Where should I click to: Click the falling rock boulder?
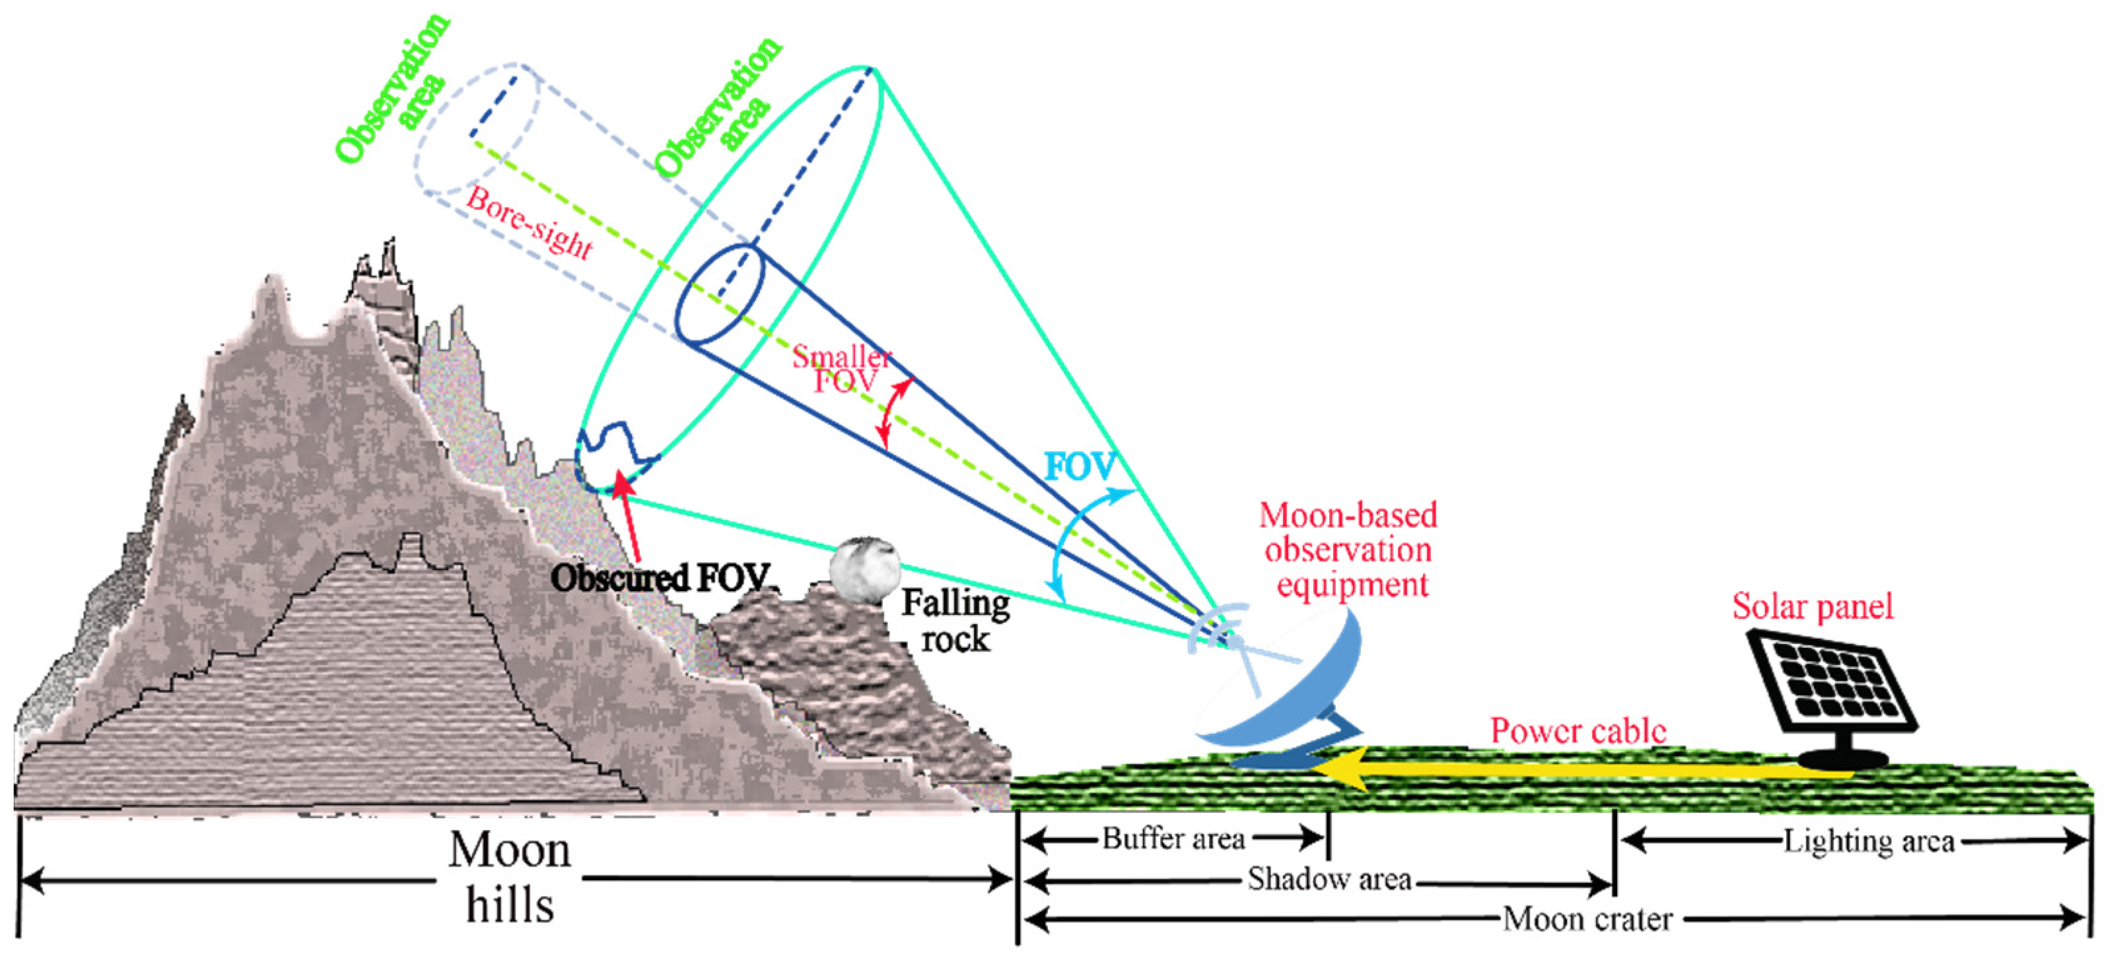[x=864, y=570]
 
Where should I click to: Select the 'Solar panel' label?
[x=1812, y=607]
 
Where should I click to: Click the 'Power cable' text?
[x=1577, y=730]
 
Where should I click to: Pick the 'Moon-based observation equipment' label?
[x=1349, y=550]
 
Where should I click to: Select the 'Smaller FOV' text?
[x=843, y=369]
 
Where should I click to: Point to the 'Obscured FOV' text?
[x=660, y=578]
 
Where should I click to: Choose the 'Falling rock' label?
[x=955, y=621]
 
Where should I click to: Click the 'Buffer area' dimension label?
[x=1173, y=839]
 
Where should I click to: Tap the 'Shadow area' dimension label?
[x=1329, y=880]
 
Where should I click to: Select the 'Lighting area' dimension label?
[x=1869, y=841]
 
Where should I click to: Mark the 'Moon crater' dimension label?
[x=1587, y=920]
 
